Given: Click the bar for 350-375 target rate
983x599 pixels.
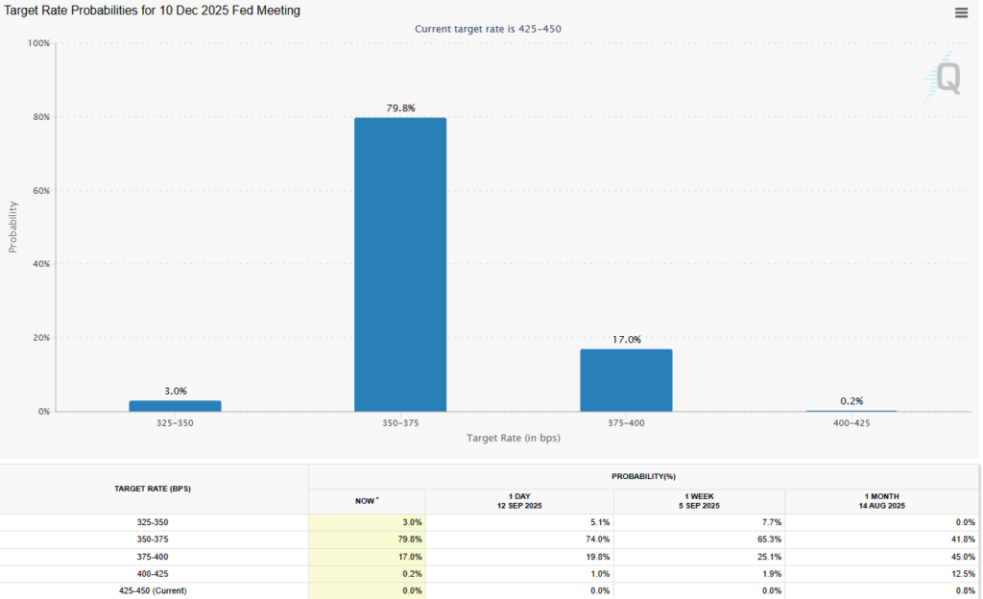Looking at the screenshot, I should [x=400, y=264].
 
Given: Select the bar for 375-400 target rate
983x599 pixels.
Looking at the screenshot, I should [x=626, y=380].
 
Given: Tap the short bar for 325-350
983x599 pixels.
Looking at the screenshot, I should [x=175, y=406].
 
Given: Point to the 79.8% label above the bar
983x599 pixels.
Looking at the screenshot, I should [x=399, y=108].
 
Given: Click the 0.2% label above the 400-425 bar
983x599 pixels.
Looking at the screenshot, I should [x=851, y=400].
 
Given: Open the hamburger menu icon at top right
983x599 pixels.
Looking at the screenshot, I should [x=961, y=12].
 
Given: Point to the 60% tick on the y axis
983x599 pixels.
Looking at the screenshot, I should [x=40, y=190].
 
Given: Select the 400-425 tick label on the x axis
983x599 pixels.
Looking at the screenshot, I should [x=851, y=422].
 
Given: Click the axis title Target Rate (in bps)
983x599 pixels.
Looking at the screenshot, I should [x=514, y=438].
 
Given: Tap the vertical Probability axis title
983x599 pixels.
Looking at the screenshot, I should [x=13, y=227].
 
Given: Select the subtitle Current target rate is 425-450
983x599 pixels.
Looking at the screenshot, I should [x=488, y=29].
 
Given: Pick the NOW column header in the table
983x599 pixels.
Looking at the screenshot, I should [x=367, y=500].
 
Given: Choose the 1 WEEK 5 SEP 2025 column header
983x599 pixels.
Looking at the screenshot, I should [x=699, y=500].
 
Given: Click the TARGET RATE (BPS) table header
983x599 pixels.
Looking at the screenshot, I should [x=154, y=489].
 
